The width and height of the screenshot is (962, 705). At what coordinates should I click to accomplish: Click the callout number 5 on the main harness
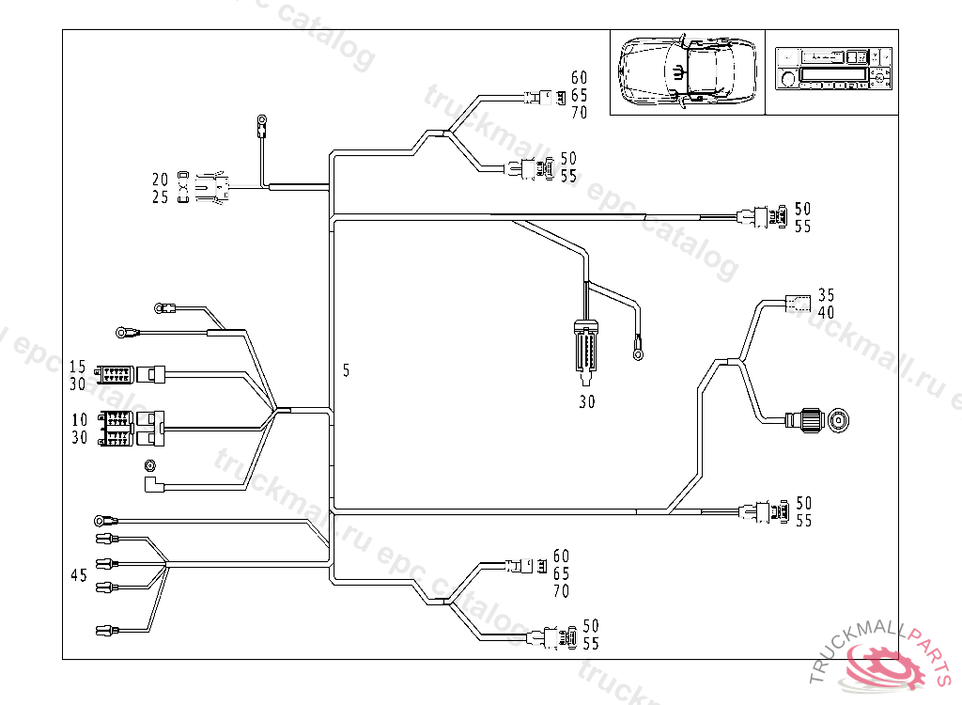point(346,371)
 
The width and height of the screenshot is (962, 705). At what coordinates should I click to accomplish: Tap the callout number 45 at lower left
point(79,573)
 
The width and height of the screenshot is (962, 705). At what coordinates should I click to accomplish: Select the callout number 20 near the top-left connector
point(161,180)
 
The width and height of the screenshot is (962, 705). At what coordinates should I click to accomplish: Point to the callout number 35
point(826,294)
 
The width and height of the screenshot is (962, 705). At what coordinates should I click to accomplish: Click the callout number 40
point(826,312)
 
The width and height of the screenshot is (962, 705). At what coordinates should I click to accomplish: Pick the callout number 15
point(77,366)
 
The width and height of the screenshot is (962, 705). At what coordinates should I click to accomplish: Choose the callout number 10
point(77,419)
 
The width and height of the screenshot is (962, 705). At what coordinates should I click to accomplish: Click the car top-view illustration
point(688,71)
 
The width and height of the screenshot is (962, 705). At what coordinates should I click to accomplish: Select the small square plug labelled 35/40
point(797,303)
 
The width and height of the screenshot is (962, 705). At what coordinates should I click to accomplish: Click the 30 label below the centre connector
point(586,402)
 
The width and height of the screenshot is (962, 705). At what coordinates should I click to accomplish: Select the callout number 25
point(161,197)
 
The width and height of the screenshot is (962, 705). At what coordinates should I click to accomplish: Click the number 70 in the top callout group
point(579,113)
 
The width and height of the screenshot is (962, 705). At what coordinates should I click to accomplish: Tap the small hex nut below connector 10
point(148,465)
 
